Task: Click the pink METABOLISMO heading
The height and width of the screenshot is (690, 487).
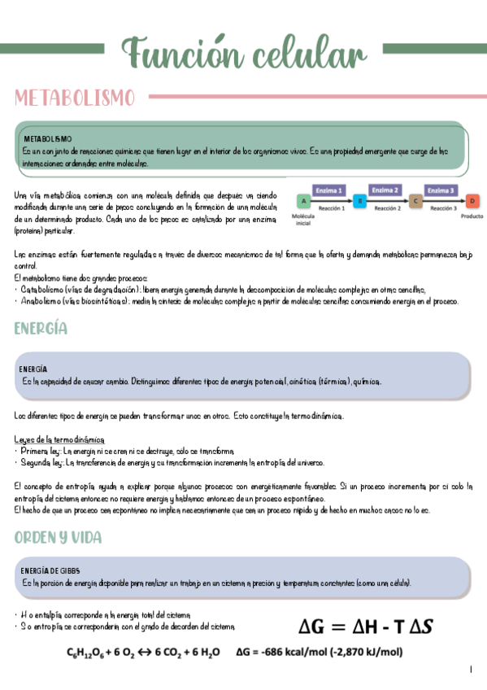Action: pyautogui.click(x=74, y=98)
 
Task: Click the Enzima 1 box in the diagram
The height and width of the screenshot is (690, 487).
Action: pyautogui.click(x=329, y=190)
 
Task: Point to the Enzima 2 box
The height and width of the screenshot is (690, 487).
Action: pyautogui.click(x=385, y=190)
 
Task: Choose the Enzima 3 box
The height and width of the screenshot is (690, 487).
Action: pyautogui.click(x=441, y=190)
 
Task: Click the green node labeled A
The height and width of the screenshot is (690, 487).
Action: pyautogui.click(x=302, y=200)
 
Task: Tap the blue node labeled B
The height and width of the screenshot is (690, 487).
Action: pyautogui.click(x=359, y=200)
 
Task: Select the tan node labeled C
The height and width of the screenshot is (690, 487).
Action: pyautogui.click(x=415, y=200)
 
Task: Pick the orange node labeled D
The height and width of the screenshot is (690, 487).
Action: pyautogui.click(x=472, y=200)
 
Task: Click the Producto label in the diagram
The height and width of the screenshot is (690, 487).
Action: pyautogui.click(x=472, y=216)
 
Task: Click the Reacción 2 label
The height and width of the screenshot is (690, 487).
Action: pyautogui.click(x=387, y=208)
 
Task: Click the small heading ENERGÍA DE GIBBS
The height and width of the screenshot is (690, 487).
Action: pyautogui.click(x=50, y=570)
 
